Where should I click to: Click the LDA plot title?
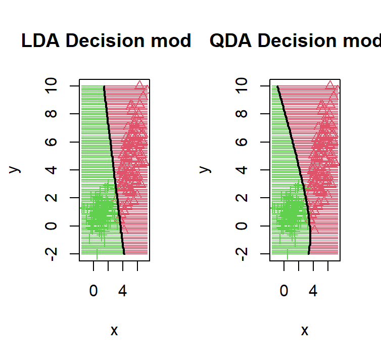click(106, 41)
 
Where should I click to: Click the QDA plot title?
click(295, 41)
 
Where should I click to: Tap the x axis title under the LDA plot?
click(114, 331)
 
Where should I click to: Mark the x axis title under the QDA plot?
click(305, 331)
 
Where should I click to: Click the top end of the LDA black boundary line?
click(104, 86)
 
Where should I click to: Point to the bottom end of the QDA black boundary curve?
click(309, 253)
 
